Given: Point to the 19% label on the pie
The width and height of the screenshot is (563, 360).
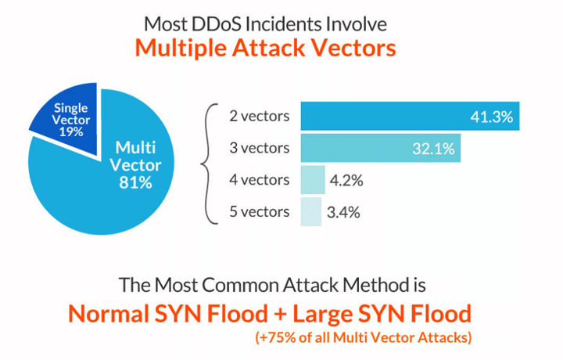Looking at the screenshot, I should [71, 132].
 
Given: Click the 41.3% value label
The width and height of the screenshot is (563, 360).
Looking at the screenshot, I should [490, 117].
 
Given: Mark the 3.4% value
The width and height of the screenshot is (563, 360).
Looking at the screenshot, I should [344, 212].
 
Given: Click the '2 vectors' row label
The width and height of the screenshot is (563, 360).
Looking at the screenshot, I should [260, 117].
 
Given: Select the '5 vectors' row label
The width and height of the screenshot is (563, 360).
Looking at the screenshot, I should [260, 212].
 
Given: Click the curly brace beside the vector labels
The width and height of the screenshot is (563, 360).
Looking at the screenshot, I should [209, 164].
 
